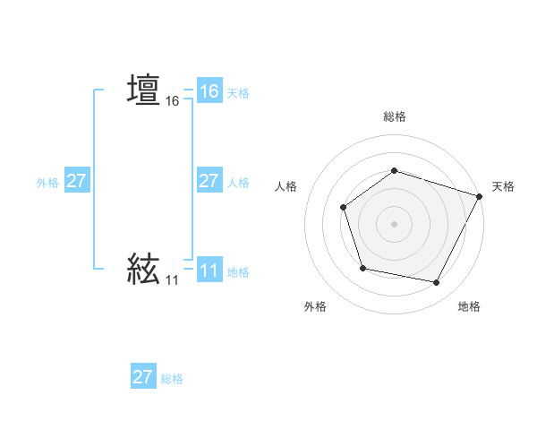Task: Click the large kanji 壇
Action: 144,90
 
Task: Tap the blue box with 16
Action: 209,91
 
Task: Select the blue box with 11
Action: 209,271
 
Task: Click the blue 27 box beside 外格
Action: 77,181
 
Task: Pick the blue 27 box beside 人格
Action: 209,181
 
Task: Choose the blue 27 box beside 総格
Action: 143,377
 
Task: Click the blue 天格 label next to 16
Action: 238,93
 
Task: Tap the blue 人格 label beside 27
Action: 238,183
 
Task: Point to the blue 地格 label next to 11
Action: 238,272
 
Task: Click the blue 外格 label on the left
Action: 47,183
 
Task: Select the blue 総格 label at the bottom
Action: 172,379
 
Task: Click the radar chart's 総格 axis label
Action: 395,116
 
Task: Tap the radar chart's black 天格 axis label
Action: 503,186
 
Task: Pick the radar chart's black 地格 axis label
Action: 469,307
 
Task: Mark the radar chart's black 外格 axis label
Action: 315,307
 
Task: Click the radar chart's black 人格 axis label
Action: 286,186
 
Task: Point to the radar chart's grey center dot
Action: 394,223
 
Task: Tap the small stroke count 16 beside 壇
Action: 173,102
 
